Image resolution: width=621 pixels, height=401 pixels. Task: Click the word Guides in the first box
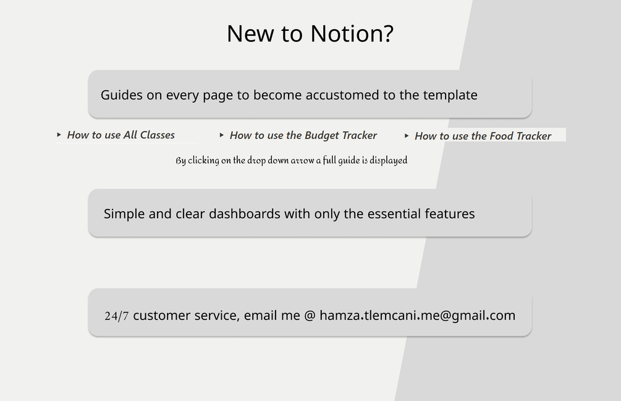(122, 95)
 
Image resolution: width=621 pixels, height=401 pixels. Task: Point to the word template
(450, 95)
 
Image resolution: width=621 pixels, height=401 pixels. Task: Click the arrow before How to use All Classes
(59, 135)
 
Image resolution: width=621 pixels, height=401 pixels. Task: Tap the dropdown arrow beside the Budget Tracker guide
(222, 135)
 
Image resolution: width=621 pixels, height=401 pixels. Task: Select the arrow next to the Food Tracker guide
(407, 136)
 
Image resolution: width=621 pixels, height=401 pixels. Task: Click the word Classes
(157, 135)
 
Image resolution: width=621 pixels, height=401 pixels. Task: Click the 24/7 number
(116, 316)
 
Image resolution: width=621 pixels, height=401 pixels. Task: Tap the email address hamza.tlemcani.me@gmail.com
(418, 316)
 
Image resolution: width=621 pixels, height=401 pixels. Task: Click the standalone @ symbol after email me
(310, 316)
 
